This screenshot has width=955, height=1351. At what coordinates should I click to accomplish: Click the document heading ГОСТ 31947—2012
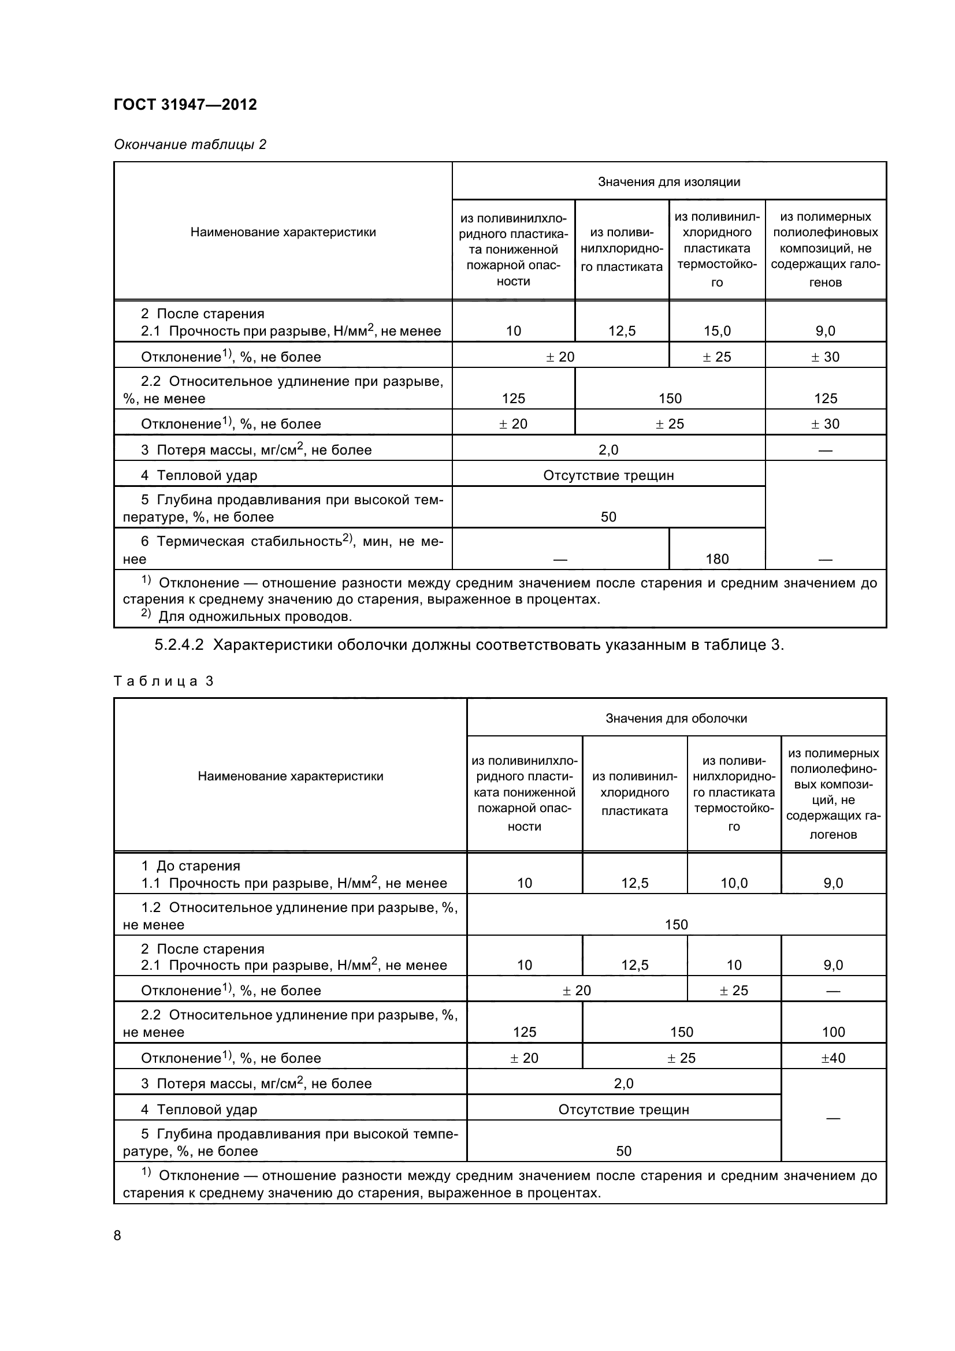pos(185,105)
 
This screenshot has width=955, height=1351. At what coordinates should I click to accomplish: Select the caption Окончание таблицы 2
pos(190,144)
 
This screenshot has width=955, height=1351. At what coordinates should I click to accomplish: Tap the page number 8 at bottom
pos(117,1235)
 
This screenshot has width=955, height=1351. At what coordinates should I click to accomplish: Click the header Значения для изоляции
pos(669,182)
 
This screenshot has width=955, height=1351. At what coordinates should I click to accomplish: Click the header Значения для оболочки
pos(676,718)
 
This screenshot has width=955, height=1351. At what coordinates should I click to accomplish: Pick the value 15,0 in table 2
pos(717,331)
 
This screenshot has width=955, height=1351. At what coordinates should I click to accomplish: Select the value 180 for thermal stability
pos(717,559)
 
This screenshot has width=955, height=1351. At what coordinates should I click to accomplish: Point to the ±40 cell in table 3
pos(833,1058)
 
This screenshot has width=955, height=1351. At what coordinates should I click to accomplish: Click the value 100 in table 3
pos(833,1032)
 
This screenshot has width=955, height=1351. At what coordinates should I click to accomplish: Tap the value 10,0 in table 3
pos(734,883)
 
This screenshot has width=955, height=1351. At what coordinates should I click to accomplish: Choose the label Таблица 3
pos(163,682)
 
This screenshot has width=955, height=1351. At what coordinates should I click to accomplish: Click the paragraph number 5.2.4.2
pos(179,645)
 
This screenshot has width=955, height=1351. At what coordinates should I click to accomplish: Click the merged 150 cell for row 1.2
pos(676,924)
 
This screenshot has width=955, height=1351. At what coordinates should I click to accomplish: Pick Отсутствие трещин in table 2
pos(608,475)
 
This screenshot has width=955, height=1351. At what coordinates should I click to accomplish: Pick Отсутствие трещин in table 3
pos(623,1110)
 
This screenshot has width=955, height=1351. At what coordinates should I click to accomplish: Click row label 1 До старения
pos(191,866)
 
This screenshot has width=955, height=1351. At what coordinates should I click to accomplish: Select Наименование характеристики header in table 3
pos(290,776)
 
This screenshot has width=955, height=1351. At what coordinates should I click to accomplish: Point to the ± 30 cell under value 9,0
pos(825,357)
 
